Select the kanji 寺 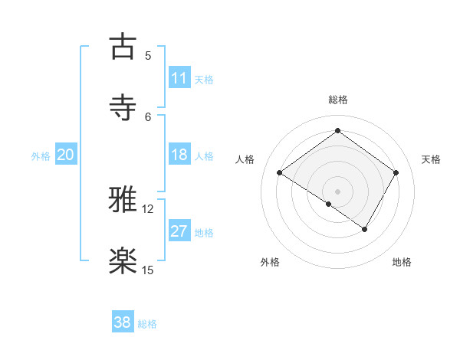pyautogui.click(x=123, y=108)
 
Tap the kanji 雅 pyautogui.click(x=123, y=201)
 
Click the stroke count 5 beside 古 pyautogui.click(x=148, y=56)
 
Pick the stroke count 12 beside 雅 pyautogui.click(x=148, y=209)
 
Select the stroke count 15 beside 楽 pyautogui.click(x=148, y=270)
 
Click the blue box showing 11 pyautogui.click(x=179, y=78)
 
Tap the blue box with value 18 pyautogui.click(x=179, y=155)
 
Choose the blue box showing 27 pyautogui.click(x=179, y=231)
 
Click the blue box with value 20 pyautogui.click(x=65, y=155)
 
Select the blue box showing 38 pyautogui.click(x=123, y=323)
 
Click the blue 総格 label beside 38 pyautogui.click(x=147, y=324)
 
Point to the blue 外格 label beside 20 pyautogui.click(x=41, y=156)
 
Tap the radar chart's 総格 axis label pyautogui.click(x=337, y=100)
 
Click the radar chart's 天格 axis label pyautogui.click(x=431, y=159)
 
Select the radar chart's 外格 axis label pyautogui.click(x=270, y=263)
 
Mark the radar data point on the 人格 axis pyautogui.click(x=280, y=173)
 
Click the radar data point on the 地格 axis pyautogui.click(x=365, y=229)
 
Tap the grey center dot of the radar pyautogui.click(x=337, y=191)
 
